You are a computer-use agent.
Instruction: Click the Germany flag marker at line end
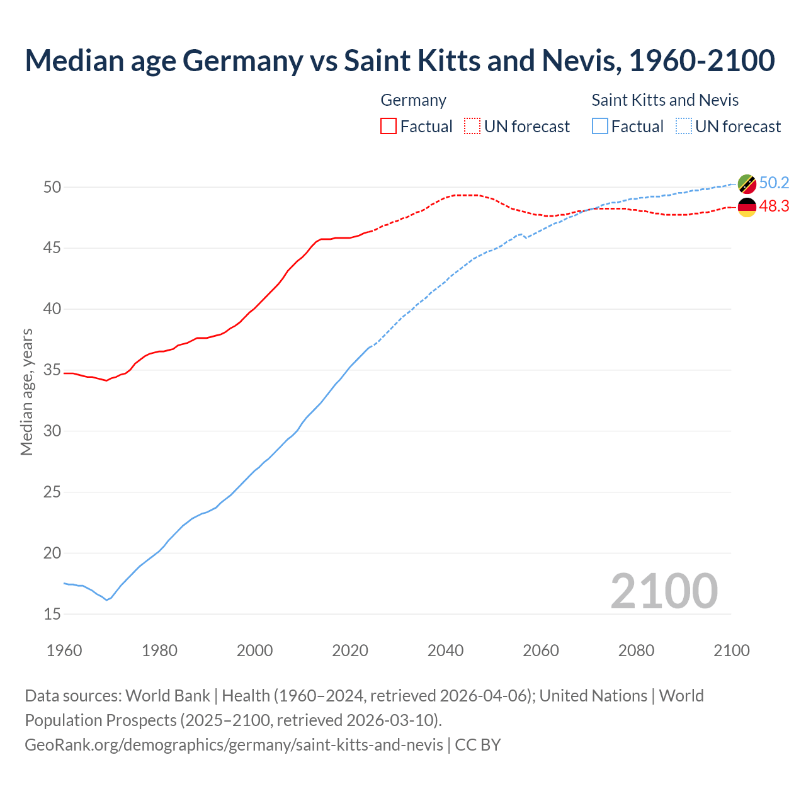747,207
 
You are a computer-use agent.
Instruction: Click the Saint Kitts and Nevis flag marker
747,184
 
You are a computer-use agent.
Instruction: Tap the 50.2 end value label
774,183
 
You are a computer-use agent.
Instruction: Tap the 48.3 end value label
774,206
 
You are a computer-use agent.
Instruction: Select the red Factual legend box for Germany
389,126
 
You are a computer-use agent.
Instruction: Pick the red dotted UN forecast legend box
472,126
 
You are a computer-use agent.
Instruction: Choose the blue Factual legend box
600,126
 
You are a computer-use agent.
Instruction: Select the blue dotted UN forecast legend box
684,126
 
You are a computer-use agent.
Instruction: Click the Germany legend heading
413,100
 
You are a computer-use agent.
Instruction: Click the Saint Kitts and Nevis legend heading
665,100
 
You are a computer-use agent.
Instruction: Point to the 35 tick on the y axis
52,370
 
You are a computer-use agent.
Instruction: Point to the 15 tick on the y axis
52,614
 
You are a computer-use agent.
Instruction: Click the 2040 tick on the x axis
445,650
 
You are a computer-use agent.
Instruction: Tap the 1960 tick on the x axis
64,650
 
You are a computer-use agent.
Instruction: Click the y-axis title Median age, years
26,392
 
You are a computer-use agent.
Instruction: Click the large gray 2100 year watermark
664,591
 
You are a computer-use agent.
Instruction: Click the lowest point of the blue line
106,600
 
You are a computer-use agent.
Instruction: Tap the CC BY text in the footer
478,744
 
